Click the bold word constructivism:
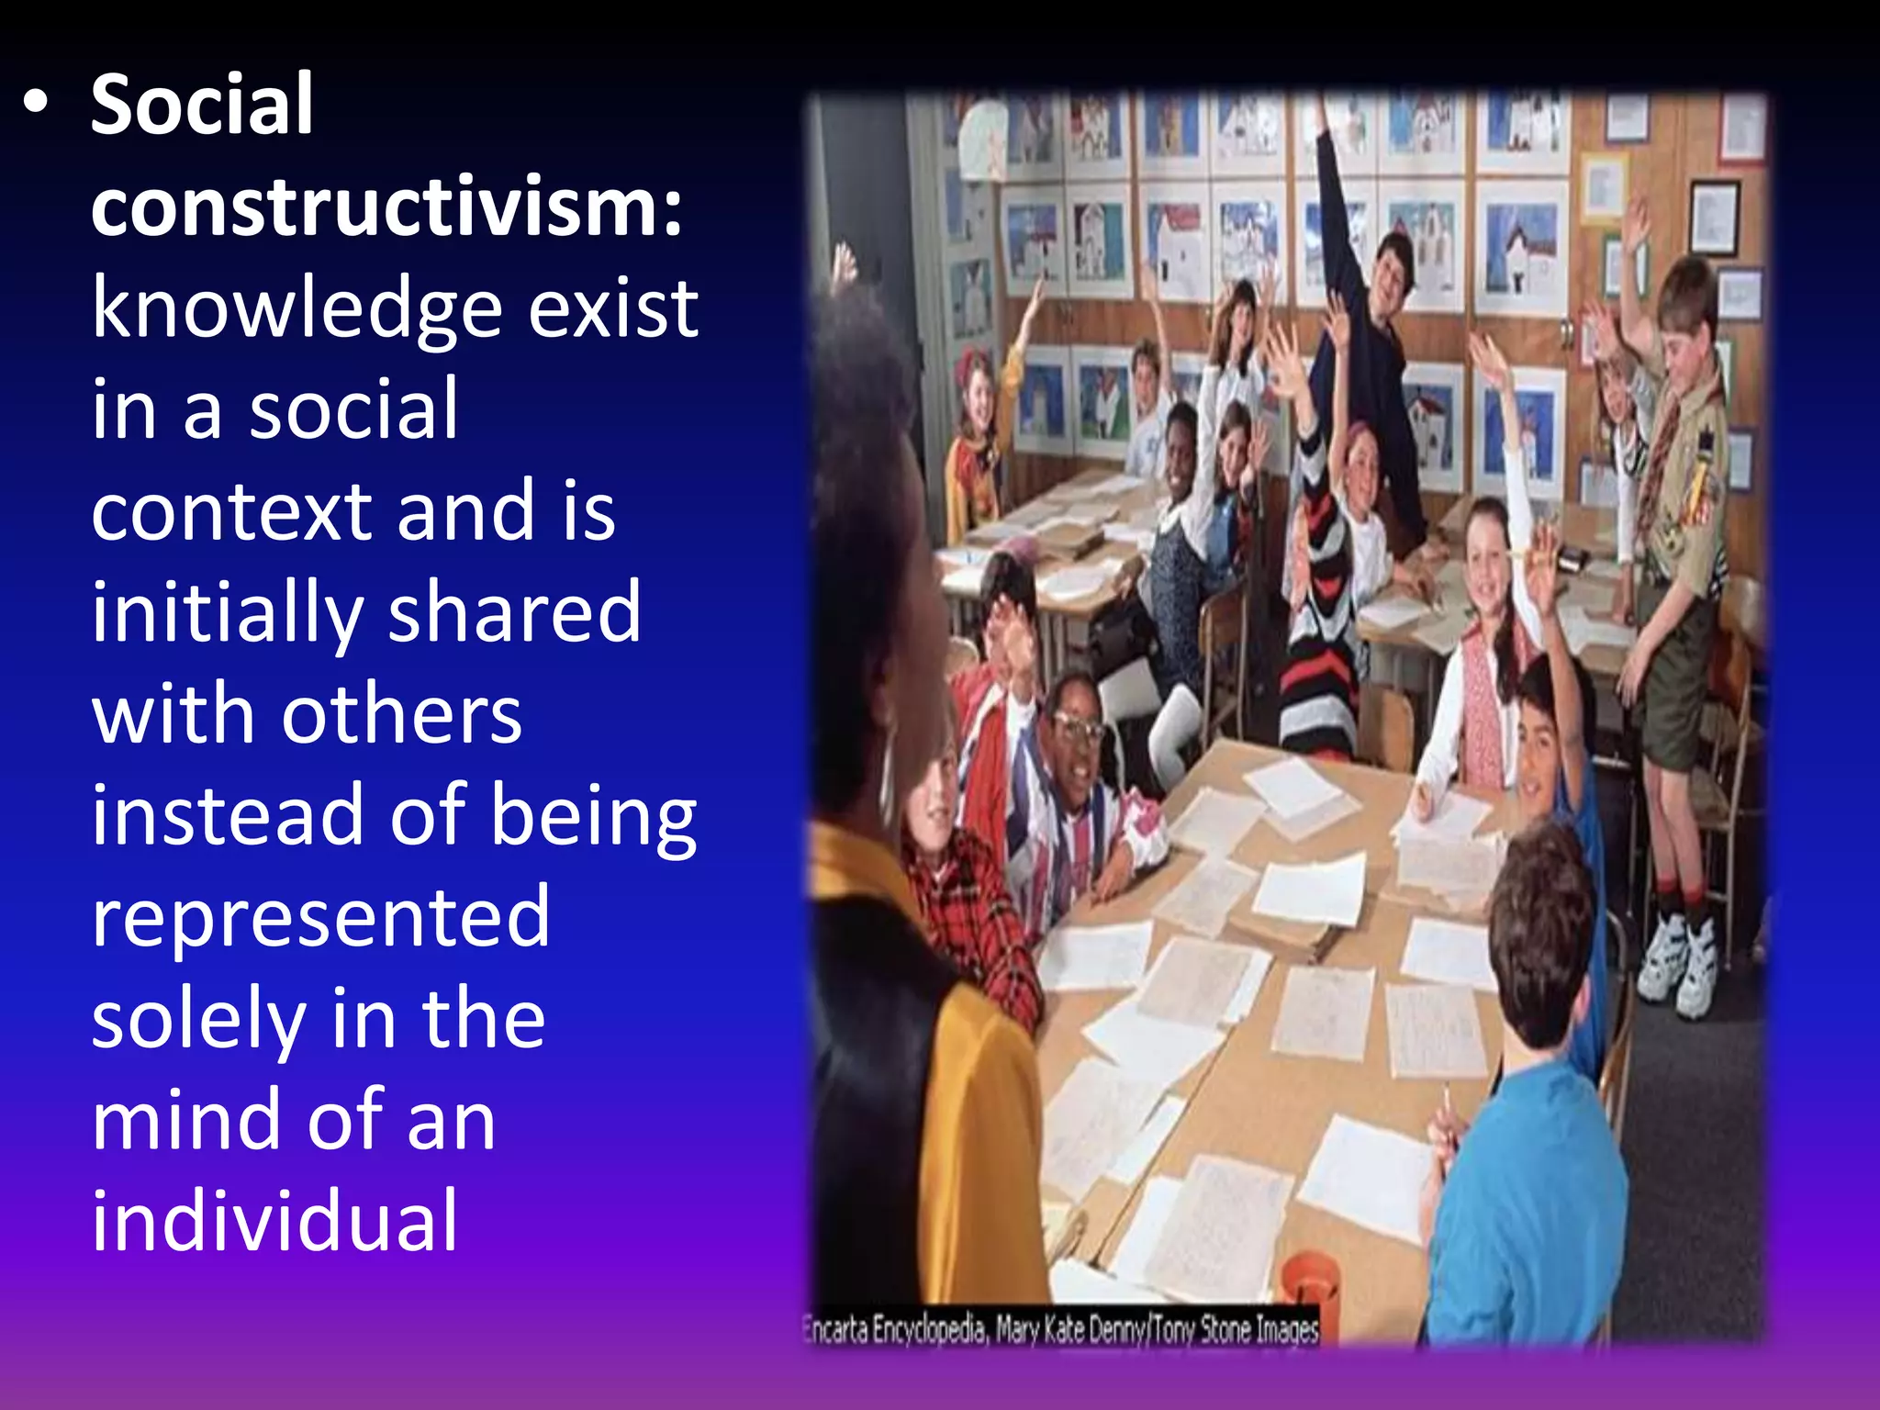point(386,207)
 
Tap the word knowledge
point(297,310)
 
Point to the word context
point(230,512)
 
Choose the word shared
point(514,612)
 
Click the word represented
point(320,918)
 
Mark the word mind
point(186,1121)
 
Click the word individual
point(274,1222)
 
